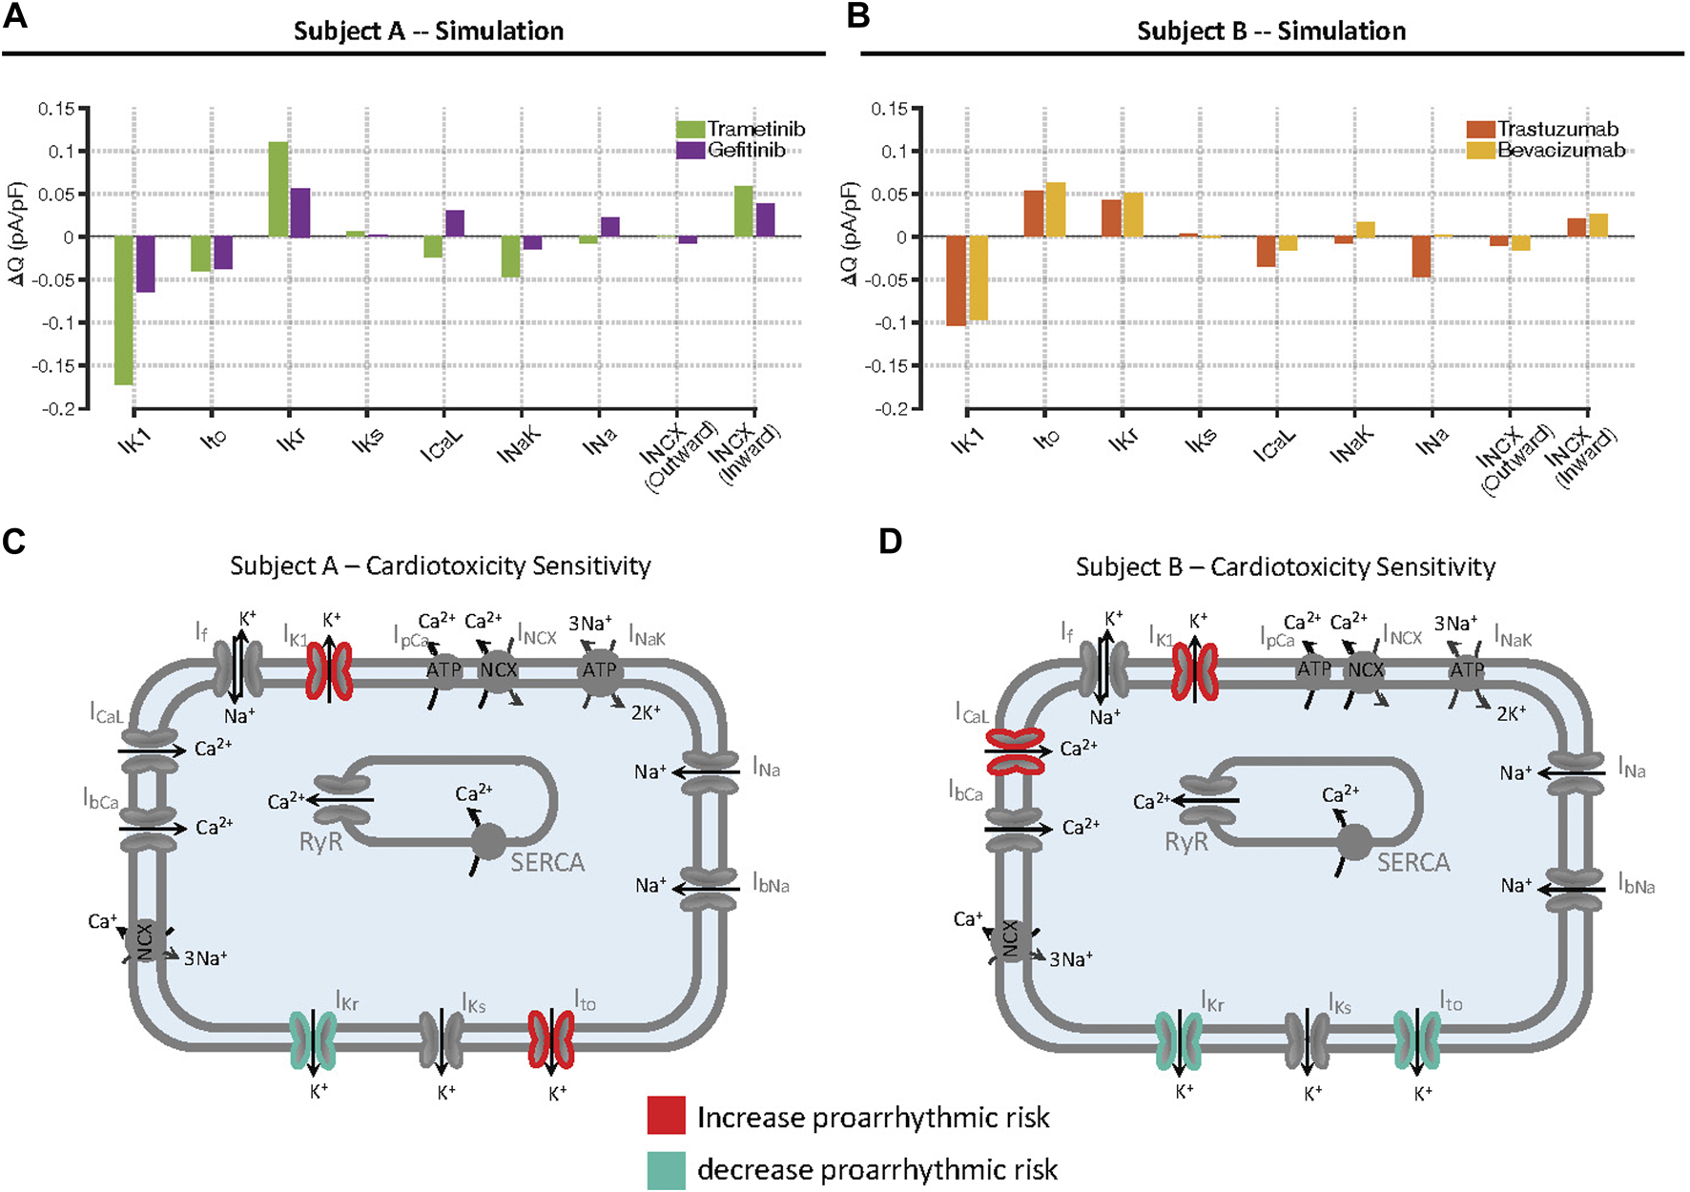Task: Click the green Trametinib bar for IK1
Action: (x=123, y=310)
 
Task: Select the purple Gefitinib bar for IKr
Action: (x=299, y=212)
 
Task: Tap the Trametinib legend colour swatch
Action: (x=690, y=129)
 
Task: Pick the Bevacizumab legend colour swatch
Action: (x=1480, y=150)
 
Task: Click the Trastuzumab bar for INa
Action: (x=1421, y=257)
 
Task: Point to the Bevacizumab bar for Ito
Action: (x=1055, y=209)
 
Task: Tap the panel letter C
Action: (x=14, y=542)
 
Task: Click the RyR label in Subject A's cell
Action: (x=320, y=843)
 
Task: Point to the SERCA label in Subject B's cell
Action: (x=1412, y=862)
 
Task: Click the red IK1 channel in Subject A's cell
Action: (x=329, y=671)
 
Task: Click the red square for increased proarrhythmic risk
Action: (x=666, y=1115)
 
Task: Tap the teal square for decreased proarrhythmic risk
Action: (x=666, y=1169)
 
